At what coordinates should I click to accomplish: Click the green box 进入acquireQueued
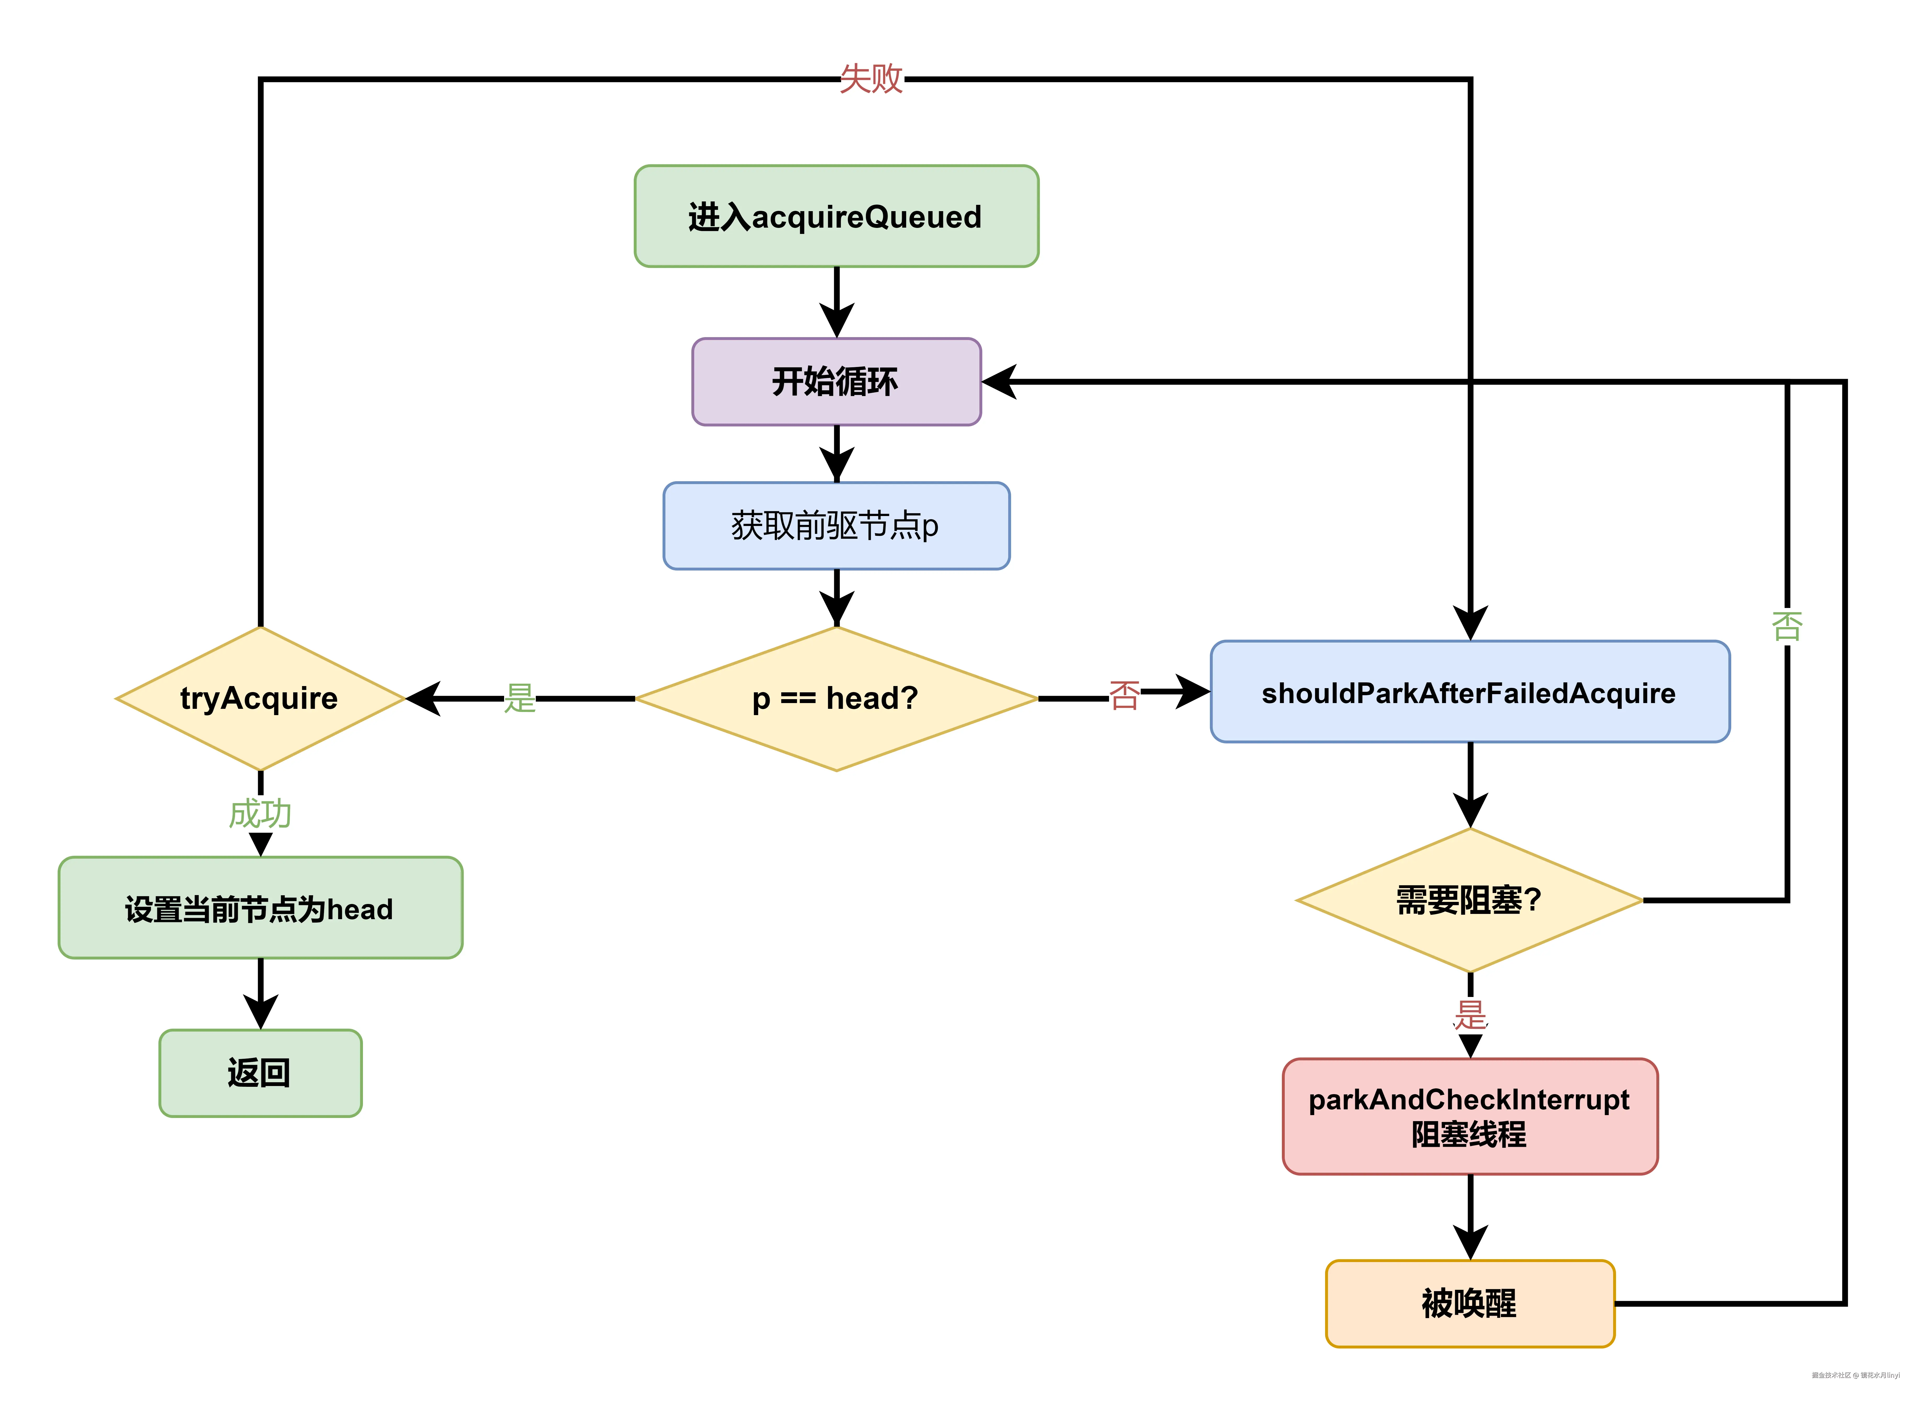835,217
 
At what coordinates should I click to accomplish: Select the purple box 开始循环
835,381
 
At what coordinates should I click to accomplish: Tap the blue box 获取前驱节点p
835,525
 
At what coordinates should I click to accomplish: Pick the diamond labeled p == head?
835,699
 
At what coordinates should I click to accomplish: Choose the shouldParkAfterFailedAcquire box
1469,692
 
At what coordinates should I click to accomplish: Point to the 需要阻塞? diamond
1469,900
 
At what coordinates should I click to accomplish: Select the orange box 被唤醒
1469,1303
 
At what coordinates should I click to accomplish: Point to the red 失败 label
870,79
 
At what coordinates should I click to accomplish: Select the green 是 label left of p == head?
519,699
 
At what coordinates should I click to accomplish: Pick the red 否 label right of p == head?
1123,695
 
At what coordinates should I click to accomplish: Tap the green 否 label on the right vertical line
1787,626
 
